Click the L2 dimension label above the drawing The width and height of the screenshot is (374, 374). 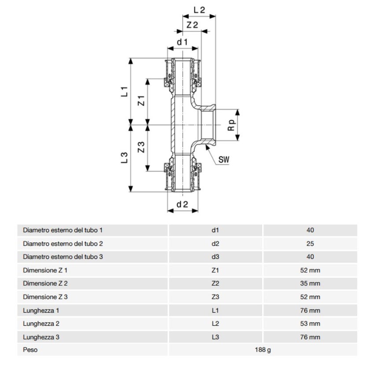pos(199,9)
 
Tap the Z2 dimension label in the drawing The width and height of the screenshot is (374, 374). pos(192,25)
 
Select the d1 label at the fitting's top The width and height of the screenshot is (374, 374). pos(182,42)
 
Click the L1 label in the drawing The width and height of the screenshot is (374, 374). pos(124,92)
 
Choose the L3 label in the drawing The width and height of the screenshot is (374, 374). pos(124,158)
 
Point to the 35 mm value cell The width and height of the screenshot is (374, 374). pos(310,283)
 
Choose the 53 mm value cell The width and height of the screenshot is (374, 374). pos(310,323)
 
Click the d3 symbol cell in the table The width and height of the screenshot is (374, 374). pos(215,257)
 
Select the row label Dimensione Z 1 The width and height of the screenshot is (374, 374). pos(45,270)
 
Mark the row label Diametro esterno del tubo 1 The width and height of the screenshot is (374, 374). pos(62,230)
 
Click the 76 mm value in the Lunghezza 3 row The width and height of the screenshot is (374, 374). pos(310,337)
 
